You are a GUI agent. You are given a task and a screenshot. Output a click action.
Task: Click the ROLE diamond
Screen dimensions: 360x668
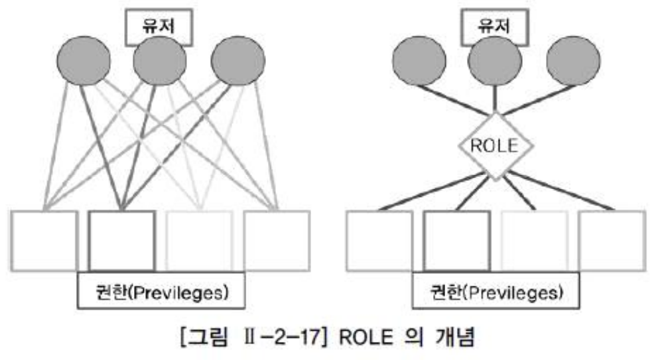[x=493, y=146]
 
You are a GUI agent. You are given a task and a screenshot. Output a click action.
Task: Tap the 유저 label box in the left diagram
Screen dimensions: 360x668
[x=158, y=27]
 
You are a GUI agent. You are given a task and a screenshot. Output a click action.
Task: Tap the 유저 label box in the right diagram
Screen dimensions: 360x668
[x=493, y=27]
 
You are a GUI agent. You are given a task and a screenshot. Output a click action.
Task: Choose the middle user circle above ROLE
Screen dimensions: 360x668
[x=493, y=62]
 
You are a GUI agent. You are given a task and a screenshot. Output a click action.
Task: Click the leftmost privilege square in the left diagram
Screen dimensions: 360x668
[x=44, y=239]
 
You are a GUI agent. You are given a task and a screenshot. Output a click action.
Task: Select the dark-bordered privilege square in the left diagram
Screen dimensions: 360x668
[x=122, y=239]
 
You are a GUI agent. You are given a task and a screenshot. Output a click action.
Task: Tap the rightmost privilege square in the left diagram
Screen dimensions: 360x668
[x=277, y=239]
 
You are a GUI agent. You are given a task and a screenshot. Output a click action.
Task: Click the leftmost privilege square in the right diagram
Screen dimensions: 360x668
[x=379, y=239]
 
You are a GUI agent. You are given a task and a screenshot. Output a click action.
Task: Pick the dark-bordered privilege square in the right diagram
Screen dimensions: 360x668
[x=456, y=239]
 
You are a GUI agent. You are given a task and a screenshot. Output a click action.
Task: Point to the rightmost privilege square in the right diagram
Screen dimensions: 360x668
[x=612, y=239]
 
